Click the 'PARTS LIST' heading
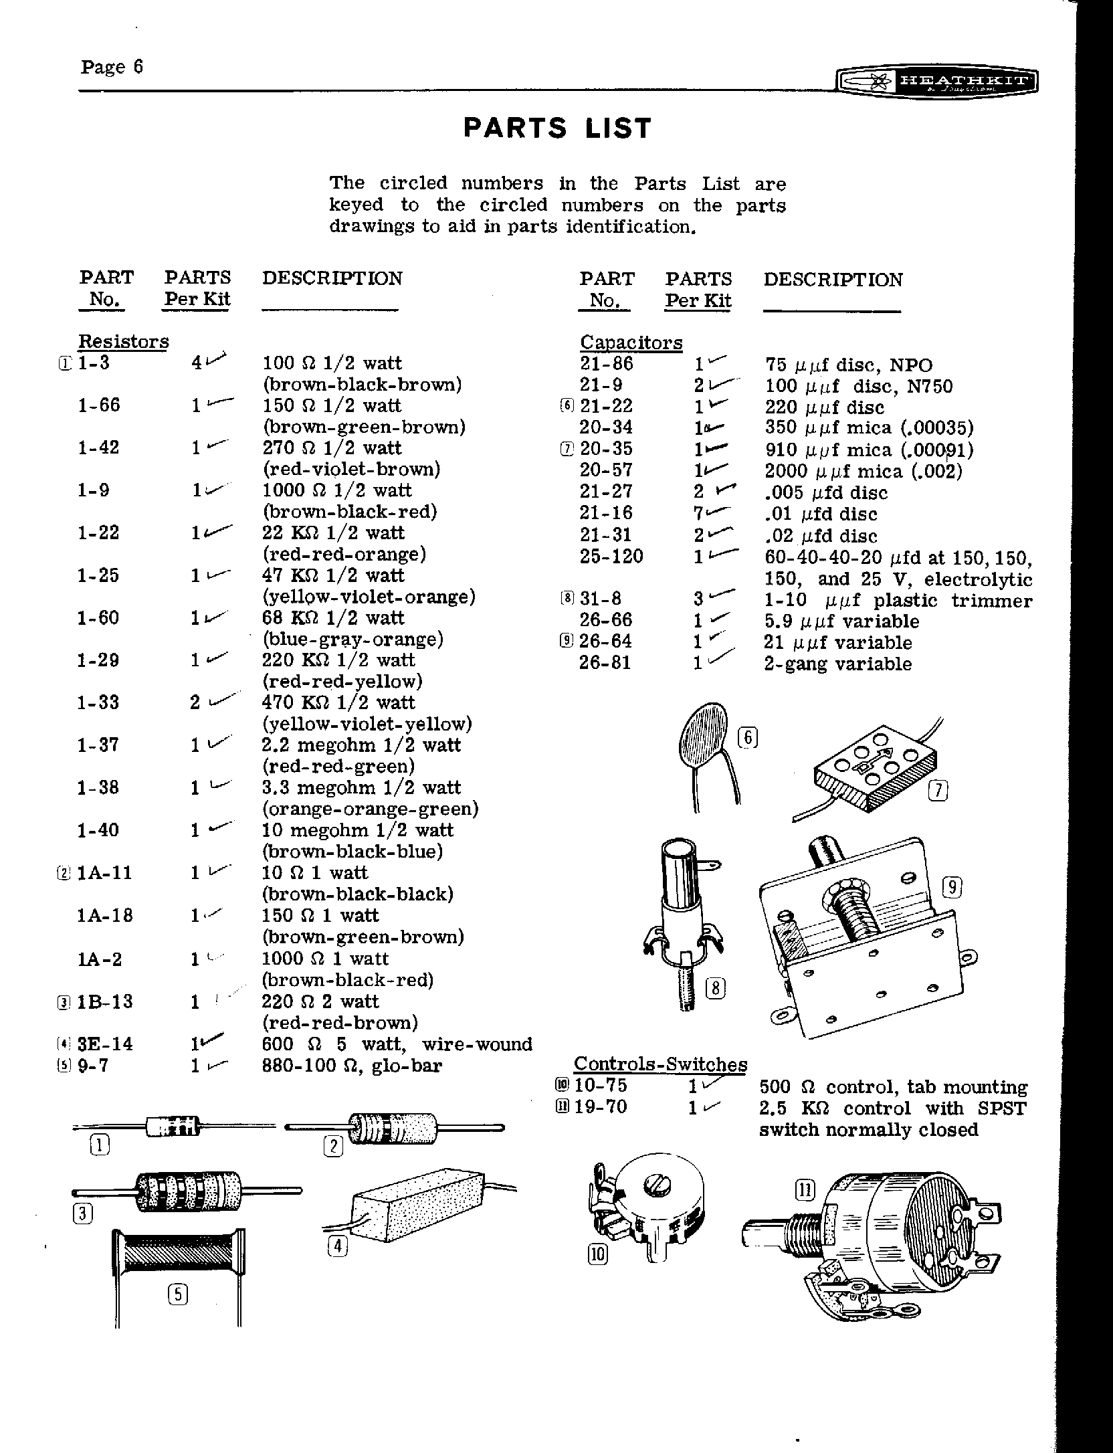pos(557,128)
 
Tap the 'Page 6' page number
pos(112,67)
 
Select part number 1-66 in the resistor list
pos(99,405)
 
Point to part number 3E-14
pos(105,1044)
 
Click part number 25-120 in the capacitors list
pos(611,556)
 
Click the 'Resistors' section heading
pos(124,341)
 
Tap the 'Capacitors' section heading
pos(631,343)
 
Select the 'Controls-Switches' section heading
pos(661,1064)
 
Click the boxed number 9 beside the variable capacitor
pos(952,888)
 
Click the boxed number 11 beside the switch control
pos(805,1189)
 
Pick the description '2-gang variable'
pos(838,664)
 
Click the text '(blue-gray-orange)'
pos(353,640)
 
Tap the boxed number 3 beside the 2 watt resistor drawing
pos(82,1214)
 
